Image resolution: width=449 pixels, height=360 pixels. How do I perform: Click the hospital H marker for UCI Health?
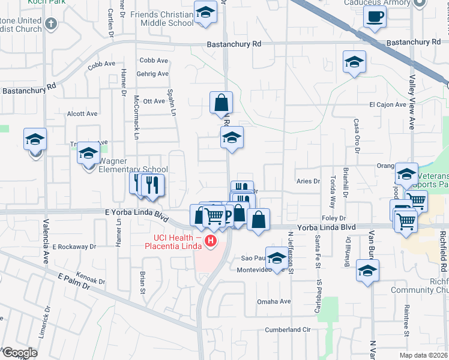(x=210, y=242)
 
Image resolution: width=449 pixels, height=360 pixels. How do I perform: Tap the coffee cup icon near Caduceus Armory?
(x=375, y=17)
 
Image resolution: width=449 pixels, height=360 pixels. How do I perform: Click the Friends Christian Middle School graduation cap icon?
(x=205, y=13)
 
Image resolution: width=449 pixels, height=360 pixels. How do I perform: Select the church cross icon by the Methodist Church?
(x=51, y=25)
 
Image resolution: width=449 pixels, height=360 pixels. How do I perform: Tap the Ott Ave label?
(x=155, y=101)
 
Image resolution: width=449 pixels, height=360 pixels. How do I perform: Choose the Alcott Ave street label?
(x=82, y=113)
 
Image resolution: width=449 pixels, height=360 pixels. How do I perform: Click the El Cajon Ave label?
(x=388, y=104)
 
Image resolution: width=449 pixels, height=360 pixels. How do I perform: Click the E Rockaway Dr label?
(x=74, y=247)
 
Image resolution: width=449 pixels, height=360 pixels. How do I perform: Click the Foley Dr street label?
(x=334, y=218)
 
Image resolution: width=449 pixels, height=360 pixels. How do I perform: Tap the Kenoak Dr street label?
(x=91, y=277)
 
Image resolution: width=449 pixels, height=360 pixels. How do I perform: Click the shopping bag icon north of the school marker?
(x=221, y=103)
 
